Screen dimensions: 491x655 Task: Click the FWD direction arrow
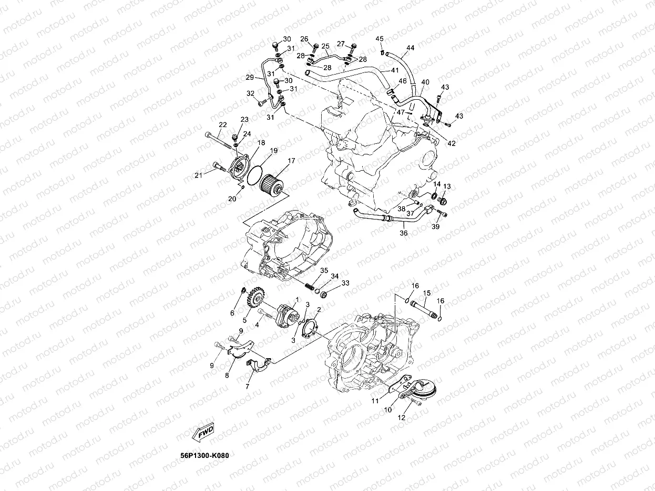204,432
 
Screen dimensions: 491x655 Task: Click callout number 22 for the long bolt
222,125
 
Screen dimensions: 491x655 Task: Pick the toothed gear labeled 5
255,303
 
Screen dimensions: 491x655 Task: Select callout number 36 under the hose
404,233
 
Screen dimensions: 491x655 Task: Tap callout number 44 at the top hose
410,48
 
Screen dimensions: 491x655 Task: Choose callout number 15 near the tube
427,292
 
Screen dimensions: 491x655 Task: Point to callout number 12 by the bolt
402,418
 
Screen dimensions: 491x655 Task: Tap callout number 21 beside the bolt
198,175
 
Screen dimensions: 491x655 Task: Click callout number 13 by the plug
447,186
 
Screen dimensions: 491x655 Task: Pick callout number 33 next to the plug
345,283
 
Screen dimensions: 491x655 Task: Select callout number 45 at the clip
380,39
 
